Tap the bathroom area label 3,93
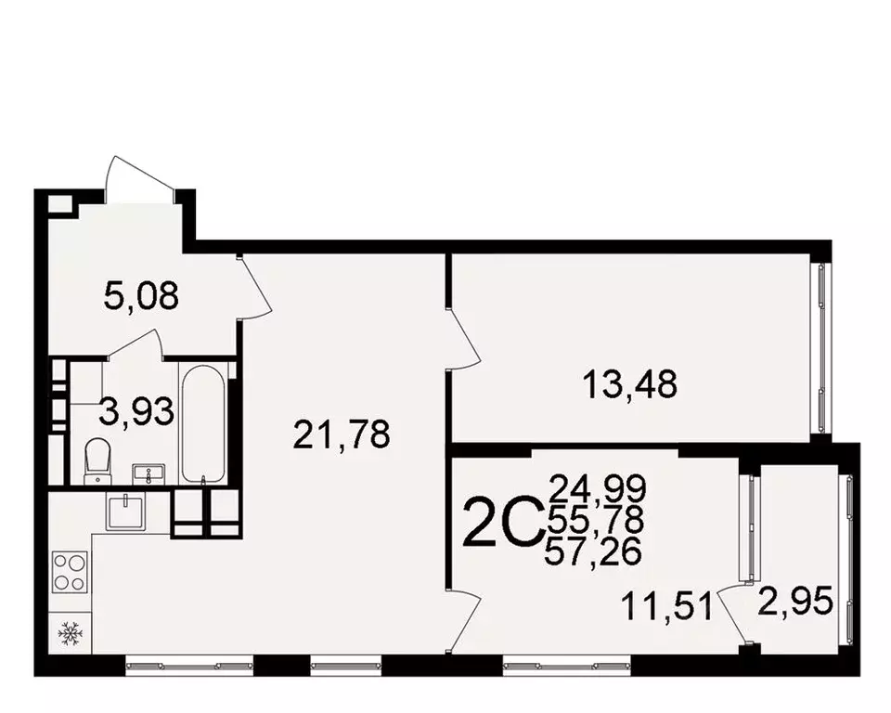point(136,410)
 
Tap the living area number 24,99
point(598,486)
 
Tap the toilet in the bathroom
point(96,461)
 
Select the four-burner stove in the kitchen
point(70,571)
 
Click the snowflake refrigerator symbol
point(70,635)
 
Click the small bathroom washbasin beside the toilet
point(147,474)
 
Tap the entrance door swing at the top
point(139,179)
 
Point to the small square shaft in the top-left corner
point(58,204)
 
